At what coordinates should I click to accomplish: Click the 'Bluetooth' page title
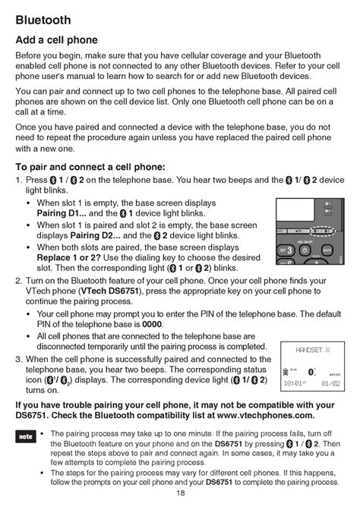pos(43,19)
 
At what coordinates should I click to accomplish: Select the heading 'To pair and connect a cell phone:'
pos(90,167)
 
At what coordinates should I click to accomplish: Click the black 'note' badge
pos(25,437)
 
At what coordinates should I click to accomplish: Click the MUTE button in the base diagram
pos(327,250)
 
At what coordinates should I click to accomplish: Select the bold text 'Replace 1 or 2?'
pos(70,257)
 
